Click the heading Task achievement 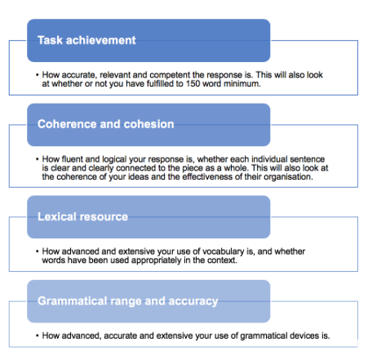[x=86, y=40]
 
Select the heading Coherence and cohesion [x=106, y=124]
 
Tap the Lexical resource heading [x=82, y=216]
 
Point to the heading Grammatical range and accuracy [x=128, y=301]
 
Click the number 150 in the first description [x=193, y=83]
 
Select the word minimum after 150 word [x=242, y=83]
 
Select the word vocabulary [x=224, y=251]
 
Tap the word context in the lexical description [x=222, y=260]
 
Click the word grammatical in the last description [x=264, y=336]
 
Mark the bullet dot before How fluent [x=38, y=159]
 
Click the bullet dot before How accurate [x=38, y=75]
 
